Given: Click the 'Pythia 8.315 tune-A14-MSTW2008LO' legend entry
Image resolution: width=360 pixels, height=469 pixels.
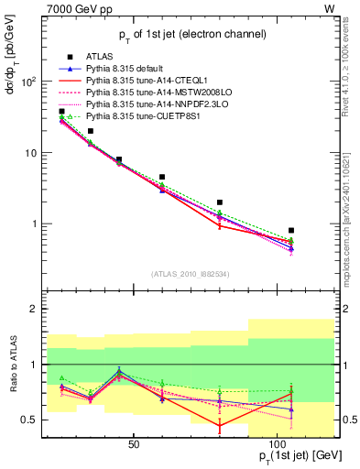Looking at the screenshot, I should (x=155, y=93).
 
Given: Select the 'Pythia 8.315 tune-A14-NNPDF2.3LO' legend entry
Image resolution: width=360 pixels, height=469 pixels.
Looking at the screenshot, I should (x=154, y=104).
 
